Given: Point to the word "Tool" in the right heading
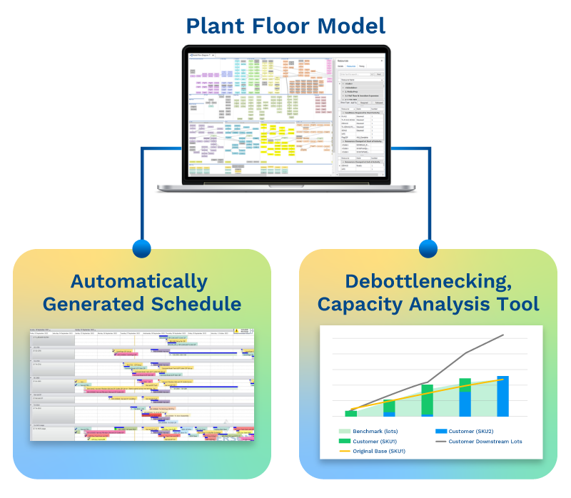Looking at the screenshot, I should (520, 304).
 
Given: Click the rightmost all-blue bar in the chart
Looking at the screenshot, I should (502, 397).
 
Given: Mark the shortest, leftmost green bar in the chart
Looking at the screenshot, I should (351, 413).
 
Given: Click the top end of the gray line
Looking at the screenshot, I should (503, 335).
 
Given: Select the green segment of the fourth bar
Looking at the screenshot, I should (465, 385).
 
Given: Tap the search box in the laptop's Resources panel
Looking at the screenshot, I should (356, 73).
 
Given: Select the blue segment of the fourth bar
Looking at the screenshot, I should (465, 404).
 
